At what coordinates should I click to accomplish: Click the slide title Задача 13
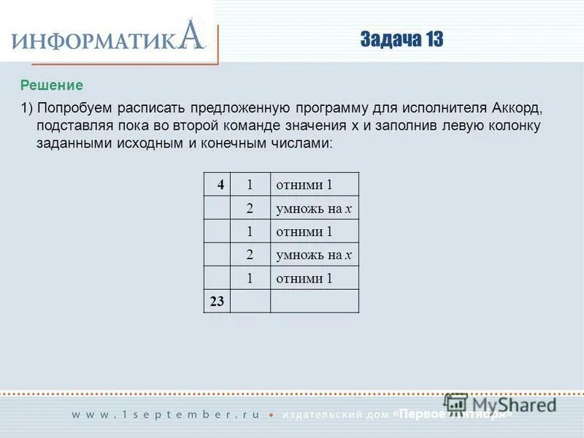point(401,39)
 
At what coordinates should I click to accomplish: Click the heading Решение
point(52,85)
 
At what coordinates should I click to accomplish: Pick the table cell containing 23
point(217,301)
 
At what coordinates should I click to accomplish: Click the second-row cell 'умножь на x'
point(314,208)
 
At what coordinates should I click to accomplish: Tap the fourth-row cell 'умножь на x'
point(314,255)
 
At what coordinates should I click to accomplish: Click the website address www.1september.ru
point(165,414)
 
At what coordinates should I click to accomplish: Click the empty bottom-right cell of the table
point(314,301)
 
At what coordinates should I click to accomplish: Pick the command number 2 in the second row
point(250,208)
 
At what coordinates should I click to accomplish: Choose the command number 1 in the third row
point(250,231)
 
